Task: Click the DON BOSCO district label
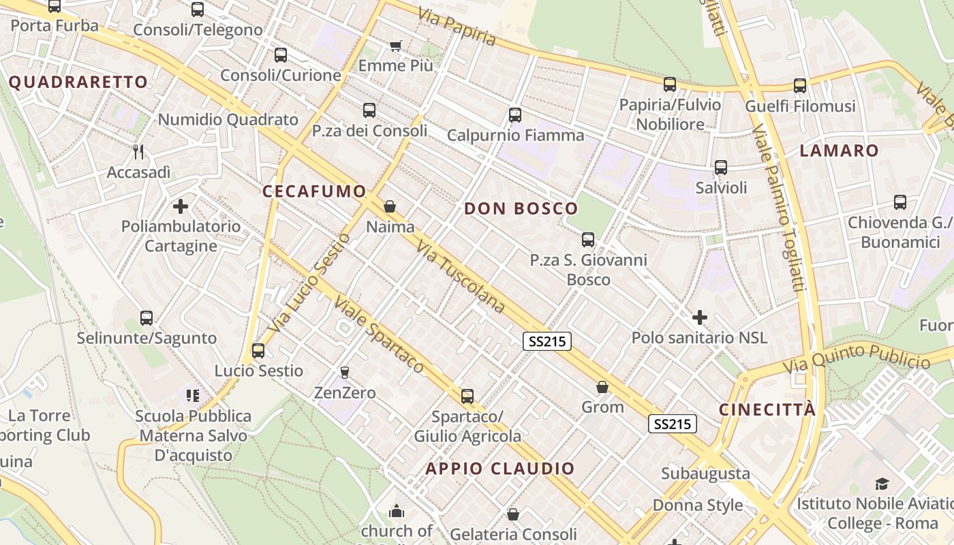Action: (521, 209)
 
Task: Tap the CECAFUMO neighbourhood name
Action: (314, 192)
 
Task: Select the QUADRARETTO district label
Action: (78, 82)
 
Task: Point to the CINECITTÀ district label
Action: (767, 409)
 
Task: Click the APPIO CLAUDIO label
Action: (500, 469)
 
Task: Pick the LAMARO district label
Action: (839, 151)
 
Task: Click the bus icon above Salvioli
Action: (721, 167)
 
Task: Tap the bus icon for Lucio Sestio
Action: (258, 351)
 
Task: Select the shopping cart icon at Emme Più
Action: (395, 46)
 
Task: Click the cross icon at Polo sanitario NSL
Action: (699, 317)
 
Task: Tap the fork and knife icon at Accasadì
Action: (139, 151)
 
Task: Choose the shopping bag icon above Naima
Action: (390, 206)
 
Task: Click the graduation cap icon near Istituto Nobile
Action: (882, 484)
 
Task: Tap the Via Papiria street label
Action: (457, 27)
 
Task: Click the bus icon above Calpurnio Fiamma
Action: (515, 114)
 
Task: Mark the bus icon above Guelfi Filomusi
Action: (799, 86)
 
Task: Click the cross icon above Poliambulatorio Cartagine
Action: (181, 206)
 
